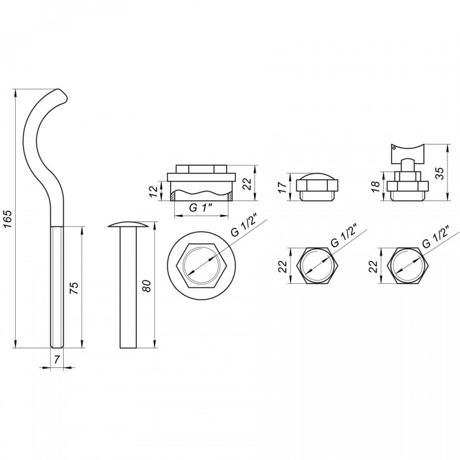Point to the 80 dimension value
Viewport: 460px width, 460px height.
[147, 286]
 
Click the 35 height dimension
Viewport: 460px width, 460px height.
[440, 172]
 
